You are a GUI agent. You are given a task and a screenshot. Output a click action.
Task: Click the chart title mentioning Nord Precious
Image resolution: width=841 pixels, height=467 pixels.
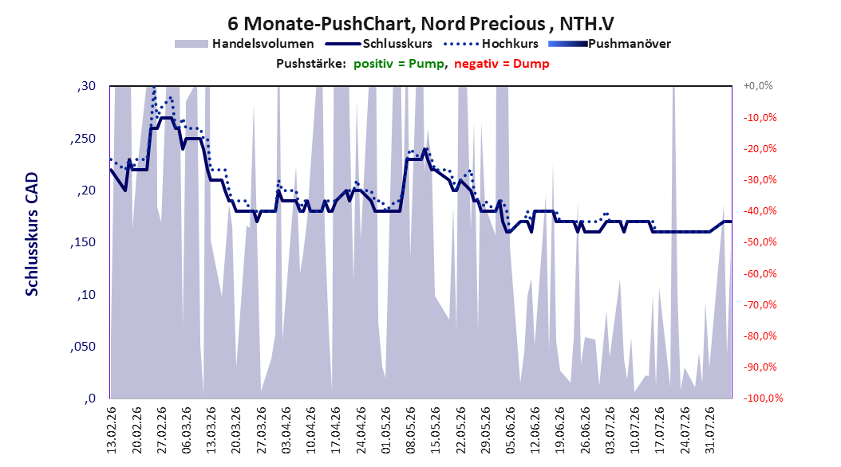pyautogui.click(x=421, y=24)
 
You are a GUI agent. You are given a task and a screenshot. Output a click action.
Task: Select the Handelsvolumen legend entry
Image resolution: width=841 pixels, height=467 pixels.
pyautogui.click(x=245, y=44)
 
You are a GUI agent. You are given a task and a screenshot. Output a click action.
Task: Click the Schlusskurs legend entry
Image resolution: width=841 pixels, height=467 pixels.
pyautogui.click(x=379, y=44)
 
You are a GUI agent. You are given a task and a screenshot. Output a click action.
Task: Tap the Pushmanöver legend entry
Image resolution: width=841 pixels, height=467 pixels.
pyautogui.click(x=610, y=44)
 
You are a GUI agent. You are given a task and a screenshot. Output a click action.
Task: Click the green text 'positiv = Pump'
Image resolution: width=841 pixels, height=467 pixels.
pyautogui.click(x=399, y=64)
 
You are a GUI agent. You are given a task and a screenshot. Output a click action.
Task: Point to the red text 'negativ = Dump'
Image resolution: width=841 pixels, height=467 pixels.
pyautogui.click(x=502, y=64)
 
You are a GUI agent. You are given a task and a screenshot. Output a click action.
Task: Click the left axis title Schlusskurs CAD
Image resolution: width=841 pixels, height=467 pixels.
pyautogui.click(x=32, y=234)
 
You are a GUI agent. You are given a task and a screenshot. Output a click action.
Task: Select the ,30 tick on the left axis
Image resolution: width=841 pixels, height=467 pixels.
pyautogui.click(x=86, y=86)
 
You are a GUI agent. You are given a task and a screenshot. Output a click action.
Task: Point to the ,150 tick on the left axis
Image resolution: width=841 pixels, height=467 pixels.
pyautogui.click(x=83, y=242)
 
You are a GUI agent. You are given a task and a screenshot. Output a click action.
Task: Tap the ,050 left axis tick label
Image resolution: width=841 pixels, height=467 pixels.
pyautogui.click(x=83, y=347)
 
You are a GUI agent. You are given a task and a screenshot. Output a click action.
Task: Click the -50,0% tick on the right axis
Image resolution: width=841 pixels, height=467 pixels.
pyautogui.click(x=760, y=242)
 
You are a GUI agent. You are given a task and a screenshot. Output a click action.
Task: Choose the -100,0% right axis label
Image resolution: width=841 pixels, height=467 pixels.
pyautogui.click(x=763, y=398)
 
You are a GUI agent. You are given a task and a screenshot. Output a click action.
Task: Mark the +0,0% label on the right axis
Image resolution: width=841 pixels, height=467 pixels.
pyautogui.click(x=758, y=86)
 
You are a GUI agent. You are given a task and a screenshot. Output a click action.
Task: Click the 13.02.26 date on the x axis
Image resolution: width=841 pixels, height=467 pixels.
pyautogui.click(x=112, y=430)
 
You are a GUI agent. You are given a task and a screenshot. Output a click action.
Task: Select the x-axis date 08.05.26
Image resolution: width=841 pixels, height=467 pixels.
pyautogui.click(x=411, y=430)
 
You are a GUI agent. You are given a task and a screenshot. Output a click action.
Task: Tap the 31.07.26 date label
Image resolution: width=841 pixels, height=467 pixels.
pyautogui.click(x=709, y=430)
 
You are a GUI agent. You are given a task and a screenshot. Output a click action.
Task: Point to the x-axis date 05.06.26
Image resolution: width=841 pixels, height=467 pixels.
pyautogui.click(x=510, y=430)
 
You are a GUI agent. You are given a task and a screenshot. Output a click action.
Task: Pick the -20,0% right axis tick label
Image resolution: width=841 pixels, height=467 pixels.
pyautogui.click(x=760, y=148)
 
